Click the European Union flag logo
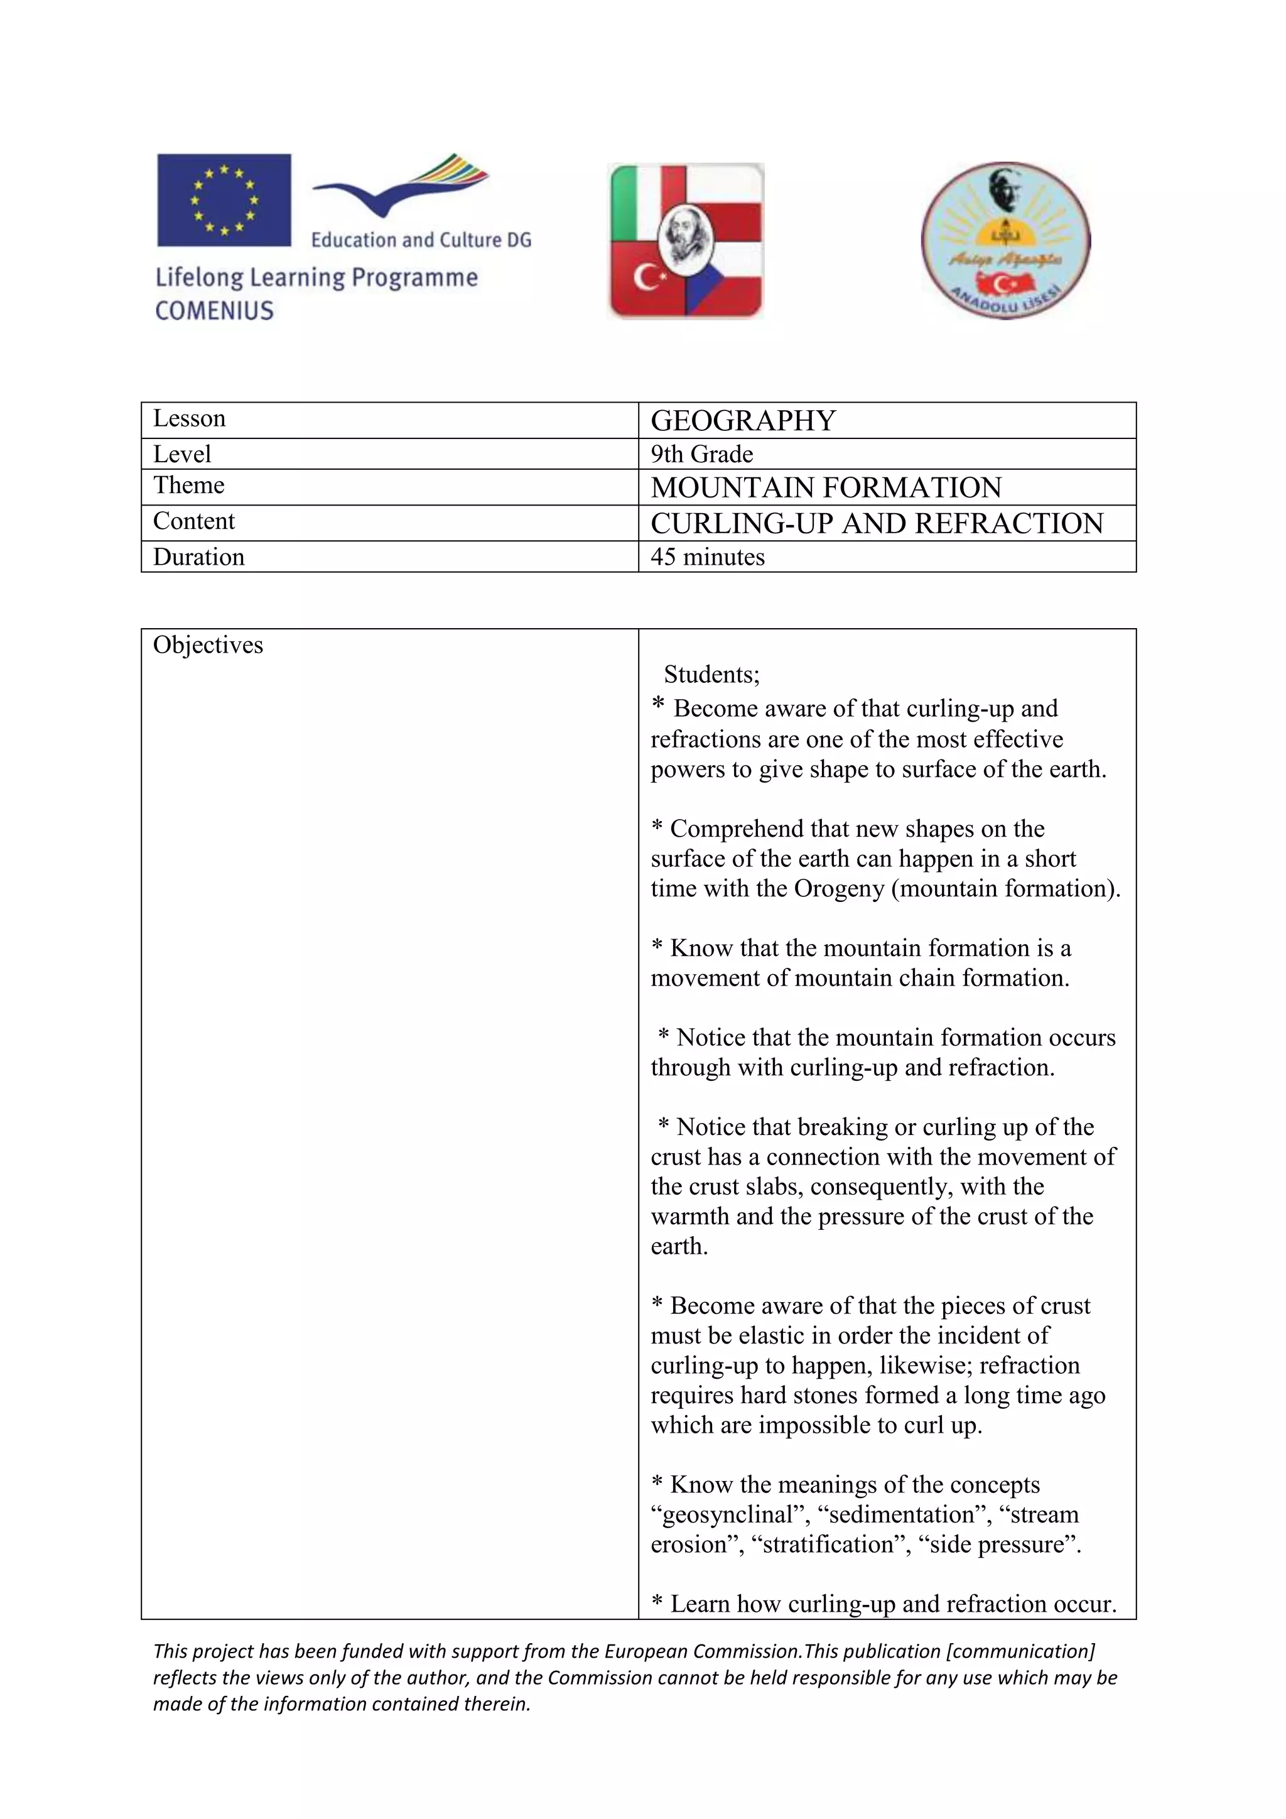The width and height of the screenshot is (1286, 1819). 224,200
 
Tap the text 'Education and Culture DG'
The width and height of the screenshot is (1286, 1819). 421,240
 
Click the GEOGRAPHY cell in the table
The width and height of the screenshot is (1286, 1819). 743,421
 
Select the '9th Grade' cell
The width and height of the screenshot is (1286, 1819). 701,454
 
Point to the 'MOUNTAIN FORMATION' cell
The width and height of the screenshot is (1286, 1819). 826,487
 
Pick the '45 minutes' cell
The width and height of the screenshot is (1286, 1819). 707,557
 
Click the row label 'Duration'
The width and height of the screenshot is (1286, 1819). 199,557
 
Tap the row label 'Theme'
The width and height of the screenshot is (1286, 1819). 188,485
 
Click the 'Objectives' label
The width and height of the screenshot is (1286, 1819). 207,645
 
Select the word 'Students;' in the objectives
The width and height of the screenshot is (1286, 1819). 711,674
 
